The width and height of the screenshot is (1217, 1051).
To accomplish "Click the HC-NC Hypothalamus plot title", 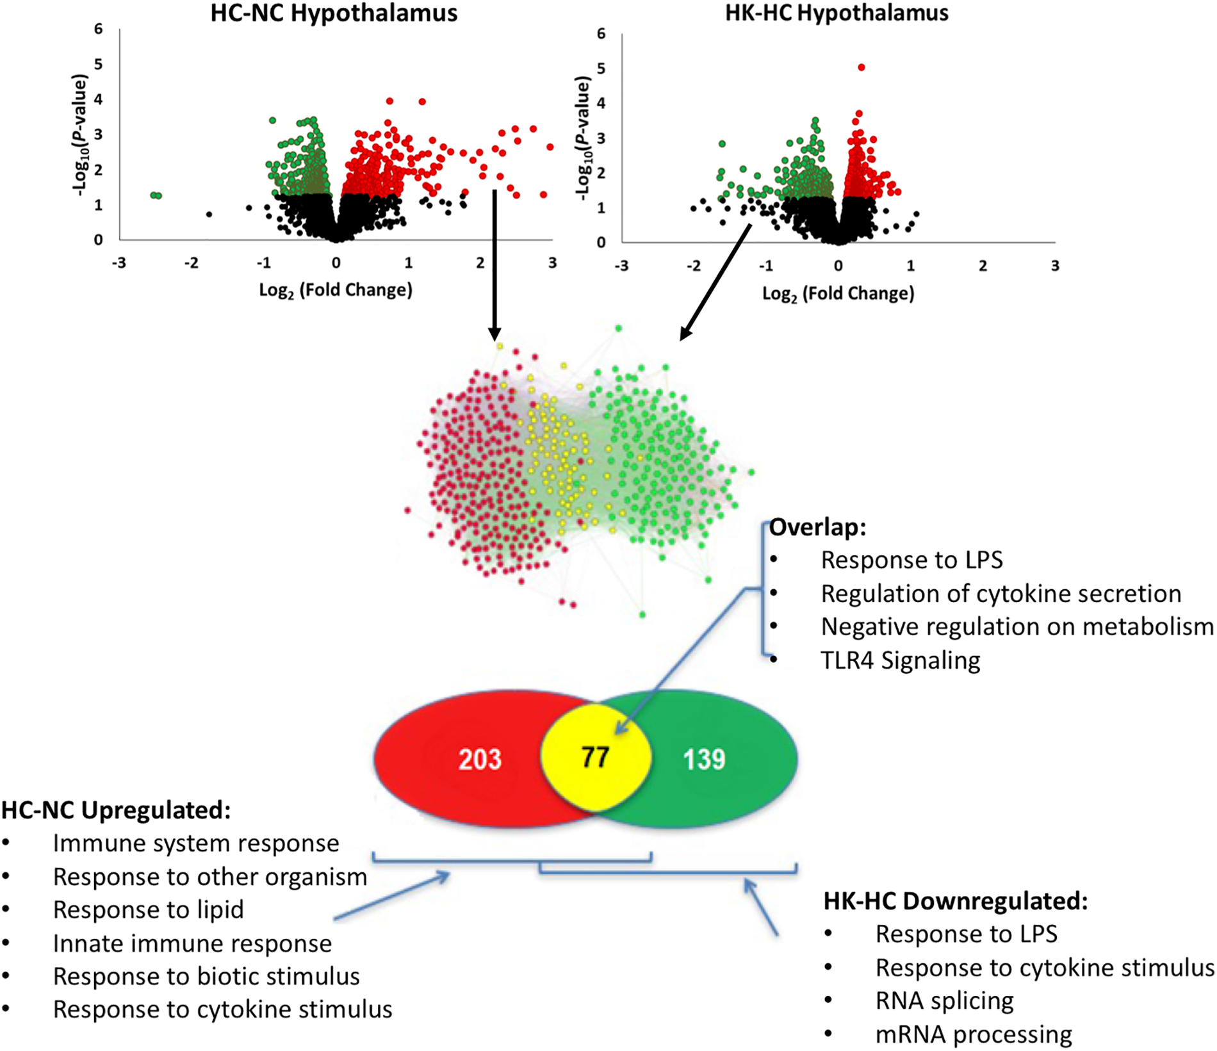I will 334,13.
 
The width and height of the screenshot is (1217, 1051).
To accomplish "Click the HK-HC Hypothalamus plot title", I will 837,13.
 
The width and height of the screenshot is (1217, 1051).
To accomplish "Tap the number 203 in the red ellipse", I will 480,760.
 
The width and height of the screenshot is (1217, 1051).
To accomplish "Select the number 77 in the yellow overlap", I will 594,758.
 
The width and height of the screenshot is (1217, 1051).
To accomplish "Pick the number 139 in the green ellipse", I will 704,760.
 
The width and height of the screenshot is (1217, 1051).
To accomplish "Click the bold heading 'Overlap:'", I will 817,527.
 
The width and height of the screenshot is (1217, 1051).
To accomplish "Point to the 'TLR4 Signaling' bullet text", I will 900,660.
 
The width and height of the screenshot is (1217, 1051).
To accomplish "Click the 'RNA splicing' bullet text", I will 944,1000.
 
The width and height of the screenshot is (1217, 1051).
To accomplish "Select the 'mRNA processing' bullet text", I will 973,1034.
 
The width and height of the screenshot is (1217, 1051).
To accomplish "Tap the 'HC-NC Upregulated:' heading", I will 116,810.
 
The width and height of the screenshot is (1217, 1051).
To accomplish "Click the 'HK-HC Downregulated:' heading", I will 956,901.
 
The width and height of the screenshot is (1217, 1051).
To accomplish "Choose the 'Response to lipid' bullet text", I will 148,909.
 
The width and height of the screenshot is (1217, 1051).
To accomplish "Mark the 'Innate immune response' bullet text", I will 192,943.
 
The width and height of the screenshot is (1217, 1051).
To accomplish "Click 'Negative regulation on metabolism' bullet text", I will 1017,626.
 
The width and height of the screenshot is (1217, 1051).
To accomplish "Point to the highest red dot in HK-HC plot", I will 862,67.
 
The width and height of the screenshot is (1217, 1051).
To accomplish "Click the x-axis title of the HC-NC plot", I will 336,290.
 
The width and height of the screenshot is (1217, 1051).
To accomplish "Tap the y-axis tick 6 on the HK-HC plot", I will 601,33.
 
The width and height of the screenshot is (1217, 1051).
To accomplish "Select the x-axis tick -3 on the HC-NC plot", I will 118,263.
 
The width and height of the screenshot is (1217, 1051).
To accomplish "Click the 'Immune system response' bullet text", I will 196,843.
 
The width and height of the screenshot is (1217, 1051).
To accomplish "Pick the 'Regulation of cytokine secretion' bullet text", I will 1001,594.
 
